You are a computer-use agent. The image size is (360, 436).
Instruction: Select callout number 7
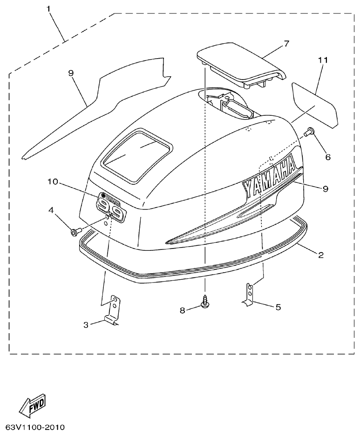pos(286,44)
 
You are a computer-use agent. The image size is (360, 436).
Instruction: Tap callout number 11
pos(323,60)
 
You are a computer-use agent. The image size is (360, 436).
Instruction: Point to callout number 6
pos(328,157)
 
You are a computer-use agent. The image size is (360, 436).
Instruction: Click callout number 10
pos(52,181)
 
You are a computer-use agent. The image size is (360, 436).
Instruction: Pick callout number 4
pos(51,210)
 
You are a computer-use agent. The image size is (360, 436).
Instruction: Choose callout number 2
pos(321,255)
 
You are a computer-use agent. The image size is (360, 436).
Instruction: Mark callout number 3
pos(86,325)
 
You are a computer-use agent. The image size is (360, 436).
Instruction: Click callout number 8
pos(182,309)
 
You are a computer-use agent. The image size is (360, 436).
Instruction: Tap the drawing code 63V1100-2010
pos(35,427)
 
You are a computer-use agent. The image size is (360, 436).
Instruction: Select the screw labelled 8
pos(204,302)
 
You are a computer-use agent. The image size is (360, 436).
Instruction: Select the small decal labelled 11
pos(314,105)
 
